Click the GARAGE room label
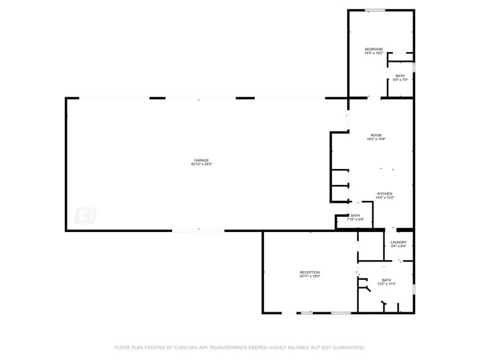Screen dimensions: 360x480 click(201, 160)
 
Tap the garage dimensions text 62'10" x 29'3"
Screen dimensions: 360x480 click(201, 164)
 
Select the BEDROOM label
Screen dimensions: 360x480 click(373, 49)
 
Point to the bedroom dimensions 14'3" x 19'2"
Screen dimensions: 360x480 click(373, 53)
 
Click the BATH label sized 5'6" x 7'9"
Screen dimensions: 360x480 click(400, 76)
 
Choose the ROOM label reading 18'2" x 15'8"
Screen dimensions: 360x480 click(376, 135)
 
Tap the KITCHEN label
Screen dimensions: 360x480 click(384, 193)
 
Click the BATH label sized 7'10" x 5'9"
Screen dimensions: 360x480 click(355, 216)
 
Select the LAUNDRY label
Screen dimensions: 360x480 click(399, 242)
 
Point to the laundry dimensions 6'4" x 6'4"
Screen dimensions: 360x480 click(399, 246)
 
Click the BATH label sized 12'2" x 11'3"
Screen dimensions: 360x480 click(386, 280)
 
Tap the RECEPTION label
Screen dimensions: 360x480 click(309, 272)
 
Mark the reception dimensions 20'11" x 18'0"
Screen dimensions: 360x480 click(309, 277)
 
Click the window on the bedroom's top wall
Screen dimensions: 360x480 click(375, 10)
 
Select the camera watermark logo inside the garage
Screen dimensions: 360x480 click(86, 216)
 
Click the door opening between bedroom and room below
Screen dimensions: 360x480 click(373, 97)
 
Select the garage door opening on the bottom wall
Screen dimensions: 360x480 click(198, 230)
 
